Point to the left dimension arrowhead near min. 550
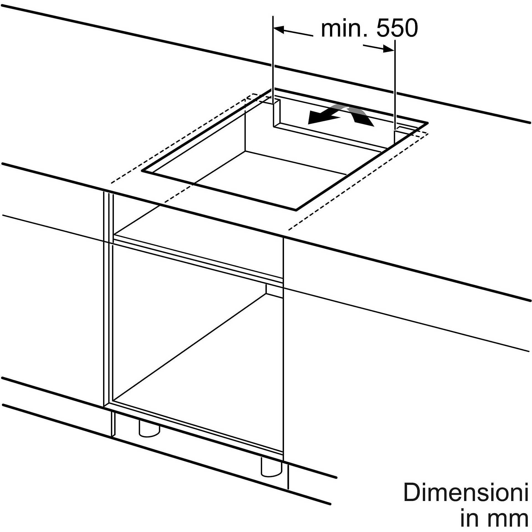click(x=279, y=29)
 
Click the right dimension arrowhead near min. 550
click(x=388, y=49)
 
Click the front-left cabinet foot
click(x=149, y=429)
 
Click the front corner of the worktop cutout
click(x=296, y=210)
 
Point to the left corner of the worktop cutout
click(x=142, y=171)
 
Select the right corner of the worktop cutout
click(x=428, y=123)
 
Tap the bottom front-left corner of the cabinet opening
click(x=113, y=400)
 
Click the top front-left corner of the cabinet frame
click(x=104, y=191)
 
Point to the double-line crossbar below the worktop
click(x=198, y=258)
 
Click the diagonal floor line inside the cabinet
click(x=190, y=347)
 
